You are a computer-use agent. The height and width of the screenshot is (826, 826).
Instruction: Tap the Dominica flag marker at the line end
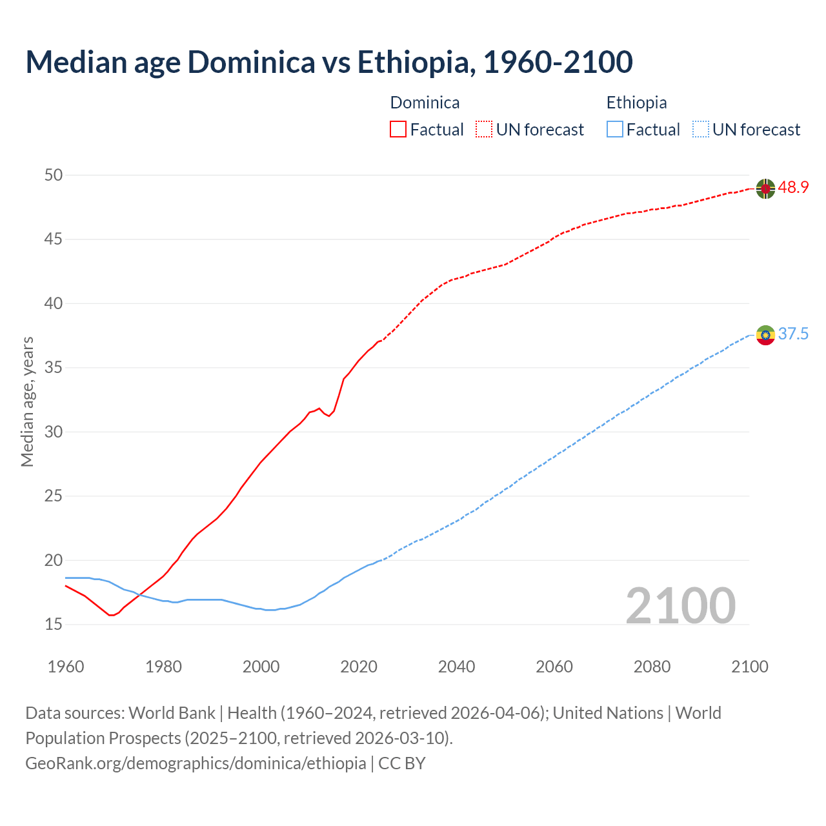pyautogui.click(x=765, y=188)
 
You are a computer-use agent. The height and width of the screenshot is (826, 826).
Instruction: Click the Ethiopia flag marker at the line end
pyautogui.click(x=765, y=335)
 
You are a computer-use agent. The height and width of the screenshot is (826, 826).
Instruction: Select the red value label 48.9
pyautogui.click(x=793, y=188)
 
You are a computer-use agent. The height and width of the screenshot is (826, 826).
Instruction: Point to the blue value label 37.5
pyautogui.click(x=793, y=334)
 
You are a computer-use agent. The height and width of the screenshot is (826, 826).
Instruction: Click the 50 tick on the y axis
pyautogui.click(x=54, y=175)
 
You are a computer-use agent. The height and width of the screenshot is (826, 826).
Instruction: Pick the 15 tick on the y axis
pyautogui.click(x=54, y=624)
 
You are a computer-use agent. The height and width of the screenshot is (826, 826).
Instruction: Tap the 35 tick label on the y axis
pyautogui.click(x=54, y=368)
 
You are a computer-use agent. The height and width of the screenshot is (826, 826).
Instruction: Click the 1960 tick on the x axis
pyautogui.click(x=66, y=667)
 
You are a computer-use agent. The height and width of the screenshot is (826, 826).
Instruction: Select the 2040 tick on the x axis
pyautogui.click(x=456, y=667)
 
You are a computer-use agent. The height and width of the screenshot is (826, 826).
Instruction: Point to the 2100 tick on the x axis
pyautogui.click(x=749, y=667)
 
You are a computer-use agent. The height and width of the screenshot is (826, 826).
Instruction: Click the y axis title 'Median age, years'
pyautogui.click(x=27, y=401)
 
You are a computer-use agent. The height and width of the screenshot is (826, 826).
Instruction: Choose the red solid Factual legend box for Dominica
pyautogui.click(x=398, y=130)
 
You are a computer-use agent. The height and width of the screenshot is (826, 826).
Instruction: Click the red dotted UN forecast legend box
pyautogui.click(x=484, y=130)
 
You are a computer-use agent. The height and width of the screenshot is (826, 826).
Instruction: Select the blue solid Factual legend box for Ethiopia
pyautogui.click(x=615, y=130)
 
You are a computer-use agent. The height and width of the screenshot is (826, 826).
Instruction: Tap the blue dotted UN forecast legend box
pyautogui.click(x=700, y=130)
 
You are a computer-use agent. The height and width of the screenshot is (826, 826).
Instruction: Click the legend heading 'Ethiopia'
pyautogui.click(x=636, y=103)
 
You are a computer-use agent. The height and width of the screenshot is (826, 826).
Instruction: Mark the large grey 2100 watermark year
pyautogui.click(x=680, y=605)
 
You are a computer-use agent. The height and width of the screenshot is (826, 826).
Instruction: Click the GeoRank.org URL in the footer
pyautogui.click(x=196, y=763)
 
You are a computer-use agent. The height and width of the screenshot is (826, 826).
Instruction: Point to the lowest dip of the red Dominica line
pyautogui.click(x=111, y=615)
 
